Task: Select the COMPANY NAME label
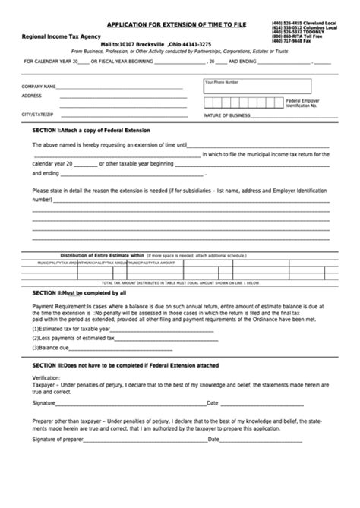39,87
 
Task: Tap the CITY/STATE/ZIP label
37,114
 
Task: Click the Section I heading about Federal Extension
92,131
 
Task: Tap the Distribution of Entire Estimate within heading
102,255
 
